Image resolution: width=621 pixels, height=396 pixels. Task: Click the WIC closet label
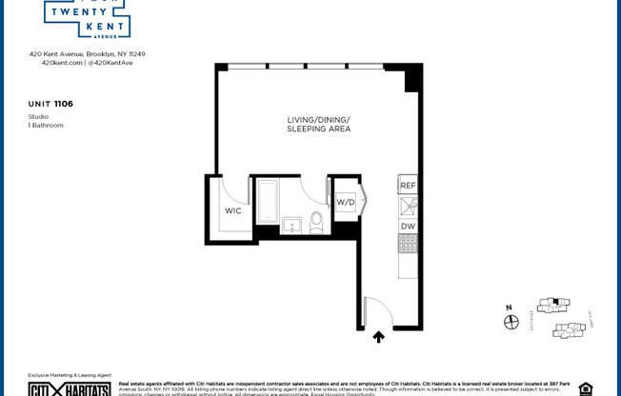click(x=232, y=210)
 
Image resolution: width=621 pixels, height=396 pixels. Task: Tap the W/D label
click(x=345, y=202)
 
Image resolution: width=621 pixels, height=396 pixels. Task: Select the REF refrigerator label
click(x=408, y=186)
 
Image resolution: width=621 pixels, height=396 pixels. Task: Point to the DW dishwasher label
click(x=408, y=226)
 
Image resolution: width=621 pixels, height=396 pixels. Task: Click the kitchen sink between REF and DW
click(x=408, y=206)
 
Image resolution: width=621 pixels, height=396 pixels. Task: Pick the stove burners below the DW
click(x=408, y=243)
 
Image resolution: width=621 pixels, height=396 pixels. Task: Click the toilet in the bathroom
click(x=317, y=223)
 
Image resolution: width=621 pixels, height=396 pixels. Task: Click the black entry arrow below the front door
click(x=378, y=337)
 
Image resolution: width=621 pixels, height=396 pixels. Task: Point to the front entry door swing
click(x=374, y=311)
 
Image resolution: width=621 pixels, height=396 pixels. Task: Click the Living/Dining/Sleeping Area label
click(x=319, y=124)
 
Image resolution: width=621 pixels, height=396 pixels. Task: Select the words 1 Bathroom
click(x=46, y=125)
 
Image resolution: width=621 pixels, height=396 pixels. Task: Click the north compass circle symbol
click(x=511, y=323)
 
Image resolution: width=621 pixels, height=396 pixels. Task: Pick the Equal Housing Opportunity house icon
click(x=585, y=388)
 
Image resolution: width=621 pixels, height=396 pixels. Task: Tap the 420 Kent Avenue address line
click(x=87, y=54)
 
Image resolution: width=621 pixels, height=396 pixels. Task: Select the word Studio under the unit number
click(x=38, y=116)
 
